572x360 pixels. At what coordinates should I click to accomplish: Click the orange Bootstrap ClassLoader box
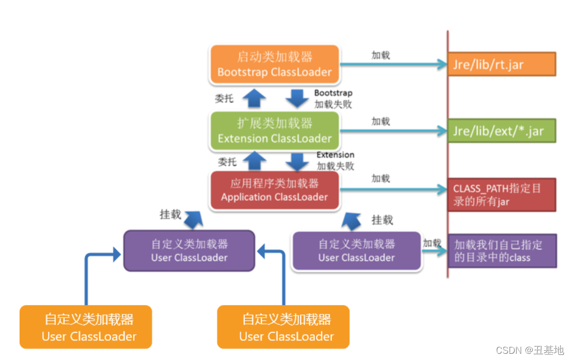274,65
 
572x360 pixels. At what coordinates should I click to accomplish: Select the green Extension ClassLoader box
274,131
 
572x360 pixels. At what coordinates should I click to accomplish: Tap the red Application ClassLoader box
274,190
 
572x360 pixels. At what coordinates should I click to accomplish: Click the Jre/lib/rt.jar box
501,65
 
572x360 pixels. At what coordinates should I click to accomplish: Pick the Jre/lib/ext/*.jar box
501,130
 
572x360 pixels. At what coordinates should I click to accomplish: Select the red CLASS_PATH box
501,195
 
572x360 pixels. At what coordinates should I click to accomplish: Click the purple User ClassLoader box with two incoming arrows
189,250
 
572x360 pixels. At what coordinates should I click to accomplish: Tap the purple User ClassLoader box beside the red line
356,250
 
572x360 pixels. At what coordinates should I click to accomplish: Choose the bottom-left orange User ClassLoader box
86,327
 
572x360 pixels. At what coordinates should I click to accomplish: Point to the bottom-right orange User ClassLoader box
283,327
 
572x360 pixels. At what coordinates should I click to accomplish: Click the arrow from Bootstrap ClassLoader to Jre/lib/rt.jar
393,65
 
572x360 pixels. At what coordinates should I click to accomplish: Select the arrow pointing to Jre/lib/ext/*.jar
393,131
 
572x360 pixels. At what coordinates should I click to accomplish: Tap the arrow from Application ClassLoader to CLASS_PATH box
393,189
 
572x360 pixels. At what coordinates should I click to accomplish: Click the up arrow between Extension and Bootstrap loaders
254,98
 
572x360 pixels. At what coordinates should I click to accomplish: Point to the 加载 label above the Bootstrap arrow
380,55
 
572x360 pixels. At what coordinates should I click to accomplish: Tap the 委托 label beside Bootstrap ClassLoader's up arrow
224,98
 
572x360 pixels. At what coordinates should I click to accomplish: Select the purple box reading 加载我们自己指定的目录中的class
501,251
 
